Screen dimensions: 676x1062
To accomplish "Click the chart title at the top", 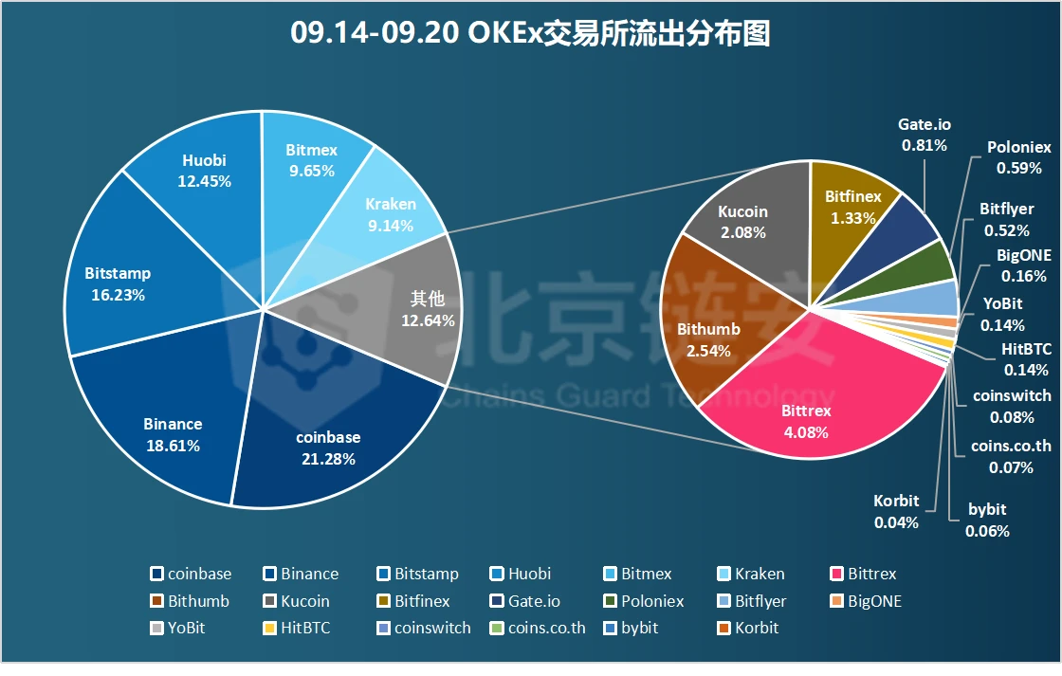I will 530,35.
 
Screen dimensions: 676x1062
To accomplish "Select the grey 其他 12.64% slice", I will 417,308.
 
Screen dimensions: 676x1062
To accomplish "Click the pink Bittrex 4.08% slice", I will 806,417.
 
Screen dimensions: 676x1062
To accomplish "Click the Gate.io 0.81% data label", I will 925,135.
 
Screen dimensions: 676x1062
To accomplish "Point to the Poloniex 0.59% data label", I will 1018,158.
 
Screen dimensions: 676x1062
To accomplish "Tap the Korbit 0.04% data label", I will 896,511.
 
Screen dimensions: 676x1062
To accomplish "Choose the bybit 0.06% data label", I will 987,521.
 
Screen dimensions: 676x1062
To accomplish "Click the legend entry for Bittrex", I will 863,574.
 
